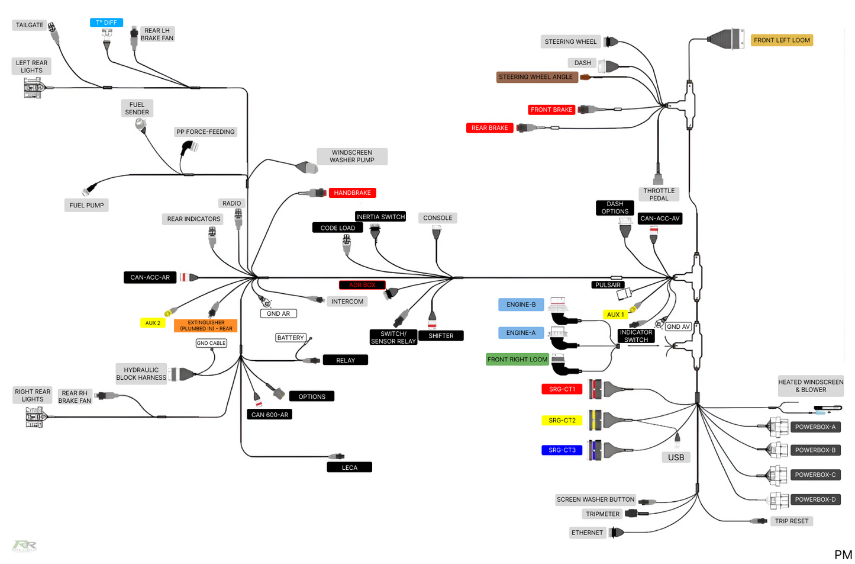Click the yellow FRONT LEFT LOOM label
[782, 40]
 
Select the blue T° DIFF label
[107, 23]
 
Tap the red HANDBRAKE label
[352, 193]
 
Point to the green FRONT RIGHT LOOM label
[517, 360]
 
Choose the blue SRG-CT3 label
[562, 450]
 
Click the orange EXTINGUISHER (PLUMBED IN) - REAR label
[206, 326]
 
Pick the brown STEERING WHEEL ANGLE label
[536, 77]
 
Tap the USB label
[676, 457]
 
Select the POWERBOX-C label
[815, 475]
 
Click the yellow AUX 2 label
[153, 323]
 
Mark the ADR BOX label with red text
[362, 285]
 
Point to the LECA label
[349, 467]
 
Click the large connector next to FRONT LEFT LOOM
[726, 39]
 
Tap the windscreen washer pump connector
[307, 167]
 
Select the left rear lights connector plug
[34, 88]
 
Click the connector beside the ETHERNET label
[617, 532]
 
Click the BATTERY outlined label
[291, 338]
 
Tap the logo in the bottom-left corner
[24, 545]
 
